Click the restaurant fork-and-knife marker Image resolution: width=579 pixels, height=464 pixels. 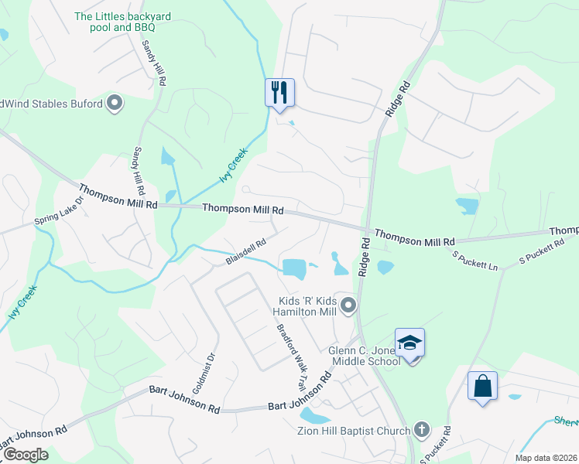pyautogui.click(x=279, y=93)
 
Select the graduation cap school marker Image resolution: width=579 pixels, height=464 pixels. pyautogui.click(x=409, y=343)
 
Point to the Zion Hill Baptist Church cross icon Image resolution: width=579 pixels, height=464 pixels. pyautogui.click(x=421, y=428)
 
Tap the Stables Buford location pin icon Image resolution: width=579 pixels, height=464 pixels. pyautogui.click(x=115, y=103)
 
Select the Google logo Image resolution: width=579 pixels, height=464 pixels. pyautogui.click(x=25, y=455)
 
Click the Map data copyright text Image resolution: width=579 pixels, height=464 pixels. pyautogui.click(x=546, y=458)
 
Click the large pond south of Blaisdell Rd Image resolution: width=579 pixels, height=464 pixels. pyautogui.click(x=294, y=268)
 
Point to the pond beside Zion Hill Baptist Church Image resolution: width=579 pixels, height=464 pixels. pyautogui.click(x=315, y=415)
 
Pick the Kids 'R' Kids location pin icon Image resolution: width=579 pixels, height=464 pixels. pyautogui.click(x=348, y=306)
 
